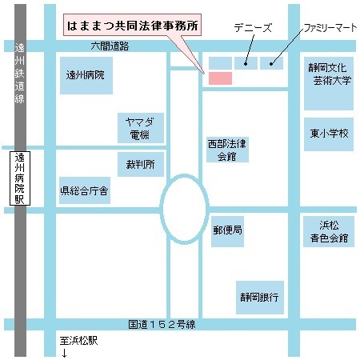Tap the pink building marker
219,78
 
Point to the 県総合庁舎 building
85,191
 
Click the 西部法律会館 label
227,150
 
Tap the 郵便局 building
227,230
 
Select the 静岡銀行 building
258,297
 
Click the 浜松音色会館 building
329,231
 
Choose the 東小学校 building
329,134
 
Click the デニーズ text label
253,28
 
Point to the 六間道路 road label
110,46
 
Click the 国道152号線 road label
167,325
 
